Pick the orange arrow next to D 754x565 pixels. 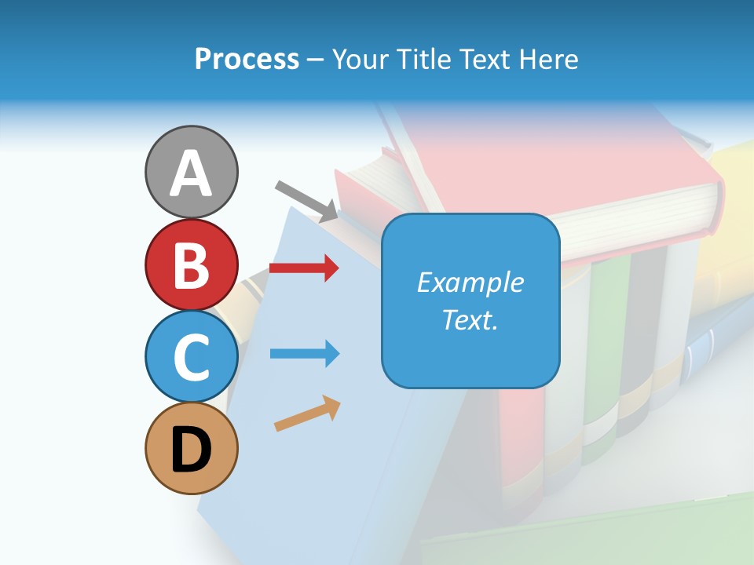pos(307,414)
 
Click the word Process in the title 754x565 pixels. pos(247,59)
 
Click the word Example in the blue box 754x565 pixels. pos(470,282)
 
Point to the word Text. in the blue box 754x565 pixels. pos(470,319)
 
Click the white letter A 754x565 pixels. pos(191,173)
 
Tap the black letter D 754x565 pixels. pos(191,449)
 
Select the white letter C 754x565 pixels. pos(191,357)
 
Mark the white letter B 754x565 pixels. pos(191,265)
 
